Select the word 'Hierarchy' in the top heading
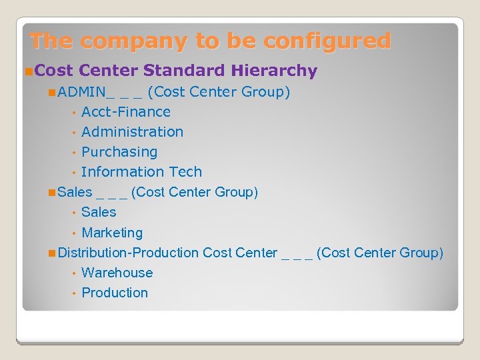(275, 71)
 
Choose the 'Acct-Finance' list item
(126, 112)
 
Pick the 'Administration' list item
(132, 132)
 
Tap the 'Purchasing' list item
(119, 152)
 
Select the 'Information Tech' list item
(141, 172)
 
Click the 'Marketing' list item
(112, 233)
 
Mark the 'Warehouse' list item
(117, 273)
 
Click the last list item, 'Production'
(115, 293)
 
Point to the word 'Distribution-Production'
(128, 253)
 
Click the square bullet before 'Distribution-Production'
(52, 253)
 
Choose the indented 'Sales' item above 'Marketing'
(99, 212)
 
